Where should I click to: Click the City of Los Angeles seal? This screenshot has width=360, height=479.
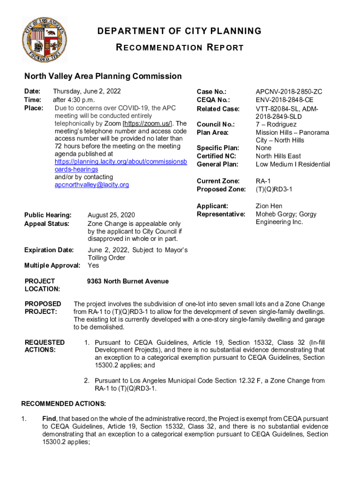click(44, 40)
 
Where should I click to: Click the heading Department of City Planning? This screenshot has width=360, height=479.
click(180, 31)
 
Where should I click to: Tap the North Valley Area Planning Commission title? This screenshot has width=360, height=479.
click(103, 76)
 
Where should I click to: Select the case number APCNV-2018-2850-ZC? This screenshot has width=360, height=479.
click(289, 92)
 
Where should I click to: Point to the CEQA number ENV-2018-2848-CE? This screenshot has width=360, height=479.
click(284, 100)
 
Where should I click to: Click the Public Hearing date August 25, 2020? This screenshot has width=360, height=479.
click(111, 215)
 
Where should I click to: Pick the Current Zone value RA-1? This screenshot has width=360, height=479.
click(263, 181)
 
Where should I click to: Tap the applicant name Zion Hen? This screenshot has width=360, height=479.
click(269, 206)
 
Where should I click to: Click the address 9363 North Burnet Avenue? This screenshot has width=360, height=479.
click(128, 281)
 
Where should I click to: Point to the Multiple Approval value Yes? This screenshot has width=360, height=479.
click(94, 265)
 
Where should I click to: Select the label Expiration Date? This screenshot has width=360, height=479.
click(49, 250)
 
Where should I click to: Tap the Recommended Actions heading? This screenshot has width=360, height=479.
click(64, 403)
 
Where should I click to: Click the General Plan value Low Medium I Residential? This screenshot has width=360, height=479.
click(293, 164)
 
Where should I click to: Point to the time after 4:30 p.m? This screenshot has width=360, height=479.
click(74, 100)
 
